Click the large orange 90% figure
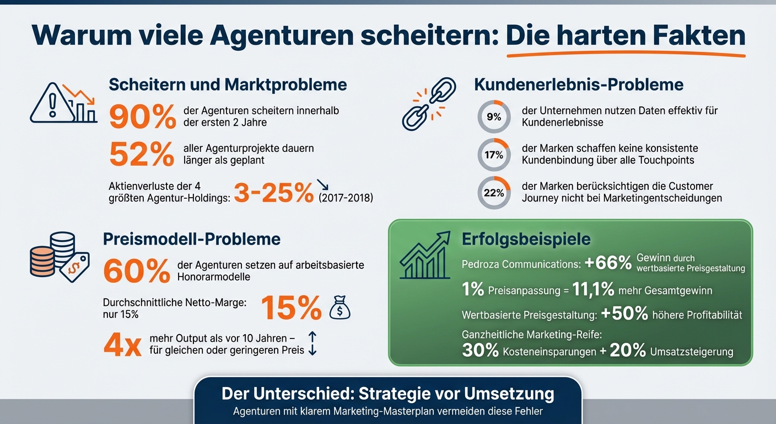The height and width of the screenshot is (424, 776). coord(142,116)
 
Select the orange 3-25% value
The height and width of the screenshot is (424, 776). coord(273,194)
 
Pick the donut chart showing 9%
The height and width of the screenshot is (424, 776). coord(494,116)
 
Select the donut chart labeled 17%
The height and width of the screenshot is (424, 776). coord(494,155)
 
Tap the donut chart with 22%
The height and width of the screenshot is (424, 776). coord(494,193)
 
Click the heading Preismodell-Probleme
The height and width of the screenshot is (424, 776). coord(192,239)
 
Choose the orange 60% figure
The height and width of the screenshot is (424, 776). coord(137,271)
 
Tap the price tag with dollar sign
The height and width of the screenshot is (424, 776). coord(74,268)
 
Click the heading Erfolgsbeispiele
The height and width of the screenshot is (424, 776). coord(526,239)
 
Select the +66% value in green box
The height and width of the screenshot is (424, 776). coord(608,263)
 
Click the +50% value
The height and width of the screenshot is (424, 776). coord(624,314)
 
